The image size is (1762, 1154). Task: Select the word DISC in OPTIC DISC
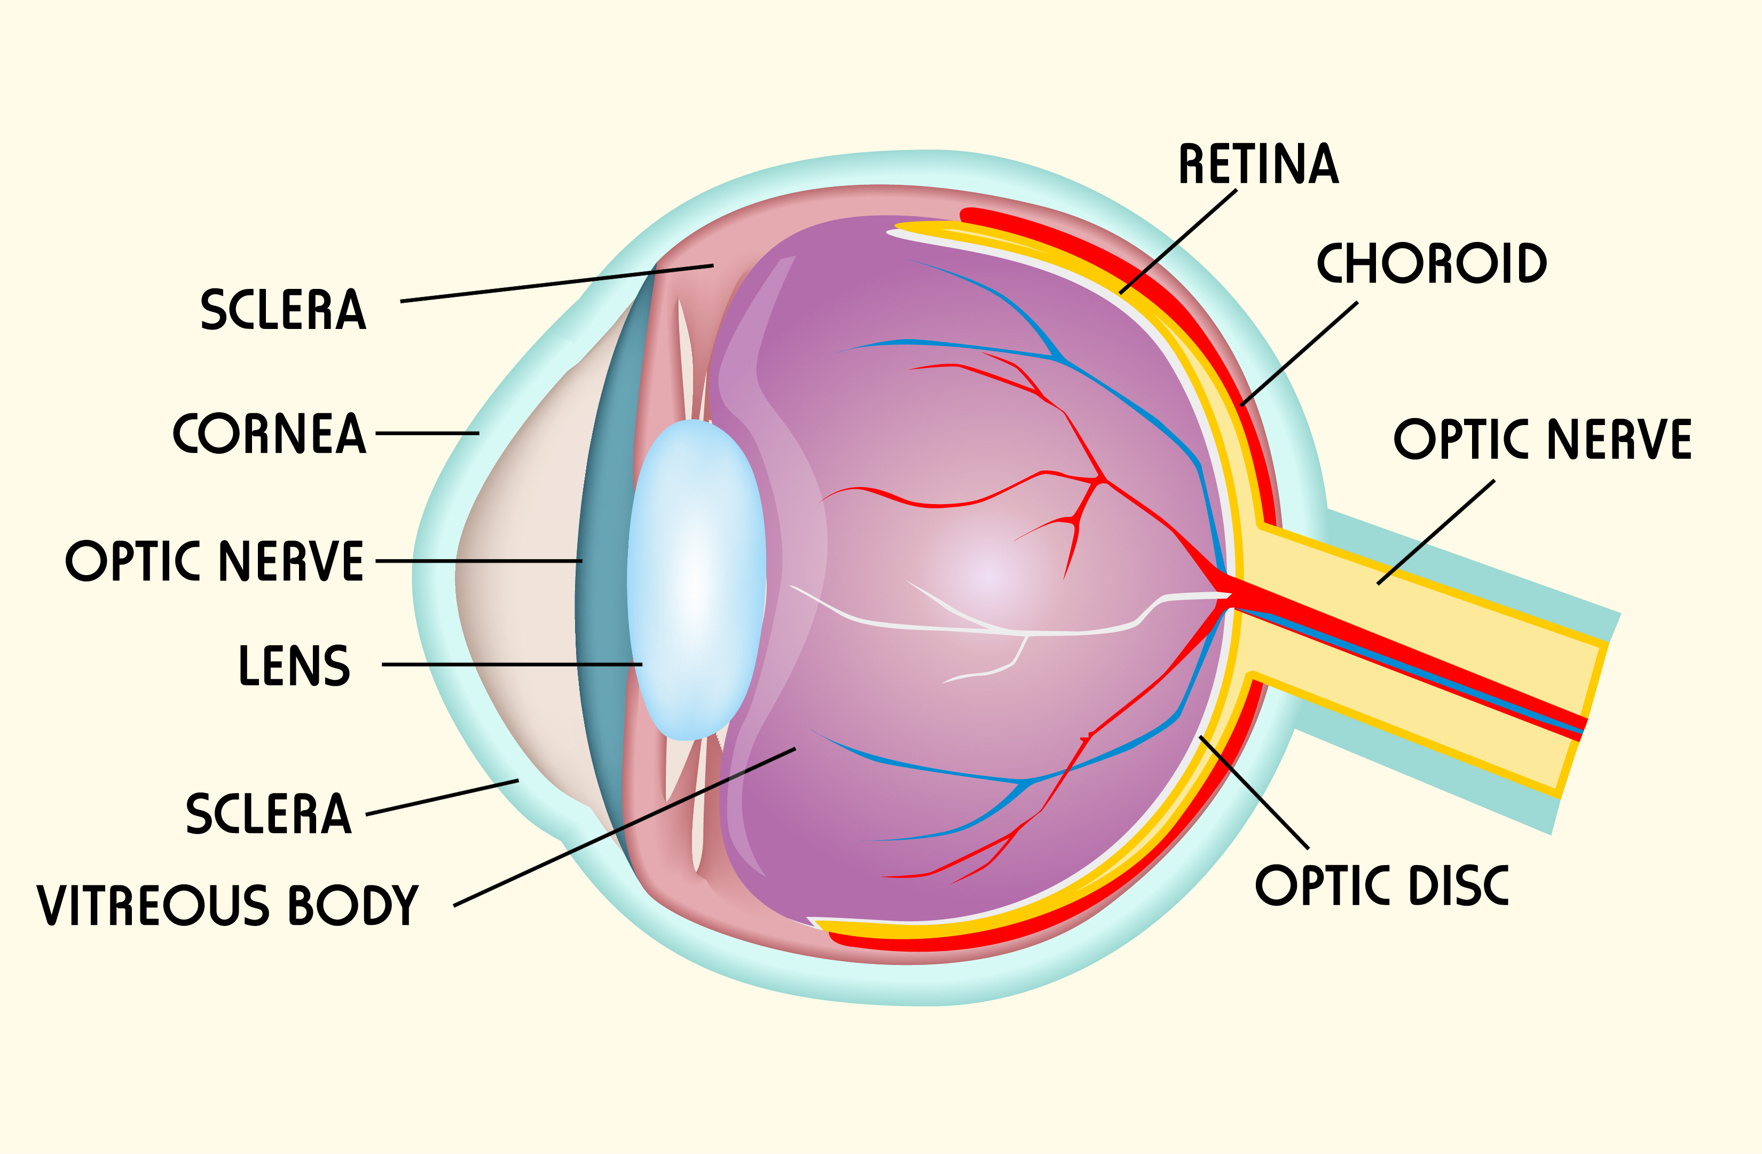tap(1459, 885)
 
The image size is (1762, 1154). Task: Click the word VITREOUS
tap(153, 905)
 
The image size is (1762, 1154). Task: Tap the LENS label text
tap(294, 665)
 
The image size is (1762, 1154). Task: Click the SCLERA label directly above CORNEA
tap(284, 309)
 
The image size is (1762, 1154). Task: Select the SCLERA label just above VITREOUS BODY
tap(269, 813)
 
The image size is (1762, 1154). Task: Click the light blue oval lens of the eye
tap(696, 579)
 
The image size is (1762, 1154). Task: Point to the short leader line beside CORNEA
tap(427, 433)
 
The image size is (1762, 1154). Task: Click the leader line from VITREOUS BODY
tap(625, 827)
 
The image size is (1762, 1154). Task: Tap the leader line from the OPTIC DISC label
tap(1254, 792)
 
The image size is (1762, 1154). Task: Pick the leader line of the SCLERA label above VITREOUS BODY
tap(442, 797)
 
